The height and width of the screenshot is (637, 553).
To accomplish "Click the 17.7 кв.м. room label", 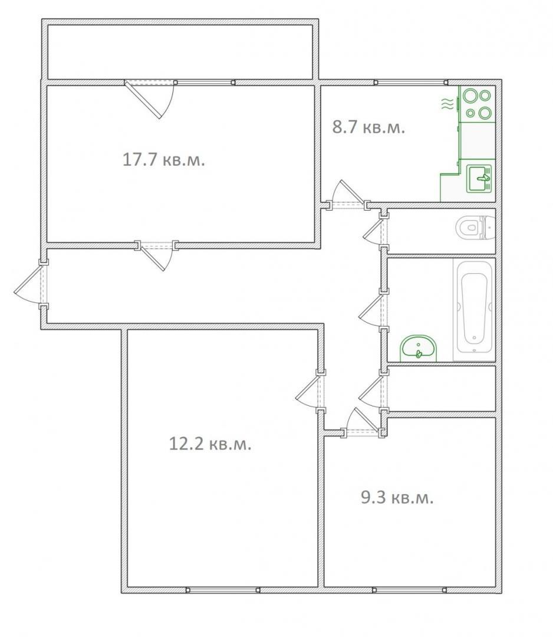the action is tap(164, 159).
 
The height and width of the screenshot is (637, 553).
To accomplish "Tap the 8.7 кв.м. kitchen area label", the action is tap(368, 127).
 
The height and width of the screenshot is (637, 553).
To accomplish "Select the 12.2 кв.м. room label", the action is tap(210, 444).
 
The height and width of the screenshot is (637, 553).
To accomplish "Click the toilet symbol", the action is tap(475, 227).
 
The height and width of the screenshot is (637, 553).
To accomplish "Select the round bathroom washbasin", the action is tap(419, 349).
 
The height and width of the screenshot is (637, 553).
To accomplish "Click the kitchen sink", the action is tap(479, 178).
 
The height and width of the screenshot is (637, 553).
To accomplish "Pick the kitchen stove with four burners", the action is tap(478, 104).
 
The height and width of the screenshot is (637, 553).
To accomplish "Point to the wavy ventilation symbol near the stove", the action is tap(447, 104).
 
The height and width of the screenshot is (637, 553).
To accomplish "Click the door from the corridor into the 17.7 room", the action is tap(156, 255).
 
